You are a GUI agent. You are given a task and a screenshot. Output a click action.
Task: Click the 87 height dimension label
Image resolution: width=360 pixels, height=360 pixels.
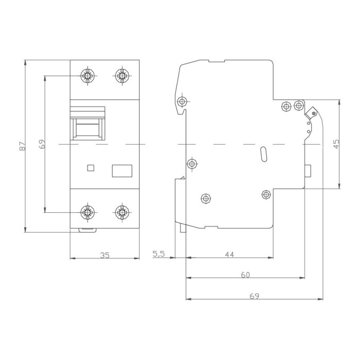tap(22, 146)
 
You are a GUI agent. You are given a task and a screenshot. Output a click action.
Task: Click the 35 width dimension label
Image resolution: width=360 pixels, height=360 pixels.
tap(105, 255)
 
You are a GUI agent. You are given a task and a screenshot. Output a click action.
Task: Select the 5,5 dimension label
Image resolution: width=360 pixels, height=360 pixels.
tap(158, 254)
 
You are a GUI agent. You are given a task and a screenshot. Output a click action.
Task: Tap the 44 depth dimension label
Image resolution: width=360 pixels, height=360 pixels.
tap(229, 255)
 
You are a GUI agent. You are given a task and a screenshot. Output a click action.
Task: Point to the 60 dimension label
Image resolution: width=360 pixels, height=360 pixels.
tap(245, 275)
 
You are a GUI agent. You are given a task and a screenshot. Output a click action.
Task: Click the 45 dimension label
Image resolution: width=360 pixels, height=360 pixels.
tap(336, 144)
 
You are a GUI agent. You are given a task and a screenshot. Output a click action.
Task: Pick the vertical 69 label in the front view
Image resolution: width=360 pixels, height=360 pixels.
tap(42, 144)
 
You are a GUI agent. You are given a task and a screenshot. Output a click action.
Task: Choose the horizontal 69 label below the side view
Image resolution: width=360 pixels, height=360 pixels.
tap(254, 296)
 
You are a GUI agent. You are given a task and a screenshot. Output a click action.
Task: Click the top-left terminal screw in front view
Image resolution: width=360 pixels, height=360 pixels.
tap(87, 76)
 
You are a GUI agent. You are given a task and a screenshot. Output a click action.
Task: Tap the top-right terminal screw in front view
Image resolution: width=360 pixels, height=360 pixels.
tap(122, 76)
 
